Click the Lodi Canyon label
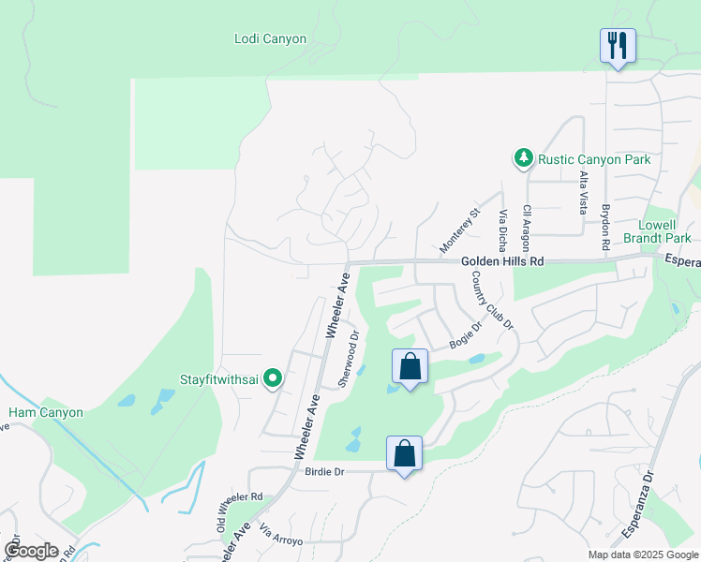pyautogui.click(x=270, y=38)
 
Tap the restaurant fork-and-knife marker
pyautogui.click(x=618, y=45)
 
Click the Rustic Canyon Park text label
pyautogui.click(x=594, y=159)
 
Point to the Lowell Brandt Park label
pyautogui.click(x=664, y=231)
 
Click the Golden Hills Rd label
pyautogui.click(x=502, y=263)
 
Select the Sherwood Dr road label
pyautogui.click(x=349, y=358)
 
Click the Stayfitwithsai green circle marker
pyautogui.click(x=274, y=378)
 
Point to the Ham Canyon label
pyautogui.click(x=46, y=412)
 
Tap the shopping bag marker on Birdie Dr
pyautogui.click(x=404, y=454)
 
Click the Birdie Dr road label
pyautogui.click(x=325, y=471)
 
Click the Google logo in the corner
pyautogui.click(x=31, y=551)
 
